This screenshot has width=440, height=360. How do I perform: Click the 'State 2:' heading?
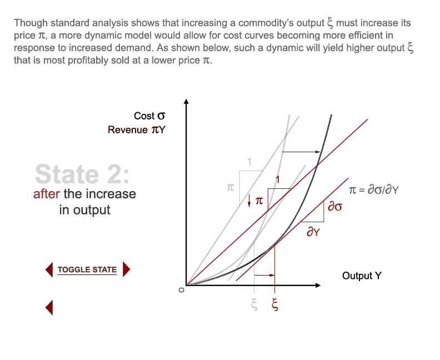point(82,173)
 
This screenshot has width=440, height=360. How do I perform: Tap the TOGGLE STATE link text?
point(87,269)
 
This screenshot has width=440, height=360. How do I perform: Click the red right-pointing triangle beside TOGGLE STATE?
point(126,269)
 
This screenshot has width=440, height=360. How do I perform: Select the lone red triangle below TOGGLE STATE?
point(49,307)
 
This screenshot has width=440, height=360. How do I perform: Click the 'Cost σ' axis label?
point(149,116)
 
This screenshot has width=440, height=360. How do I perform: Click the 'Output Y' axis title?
point(362,276)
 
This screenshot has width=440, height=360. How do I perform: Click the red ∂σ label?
point(334,207)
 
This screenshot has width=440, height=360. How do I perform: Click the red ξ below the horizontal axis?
point(274,304)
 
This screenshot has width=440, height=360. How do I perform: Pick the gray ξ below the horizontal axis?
point(254,304)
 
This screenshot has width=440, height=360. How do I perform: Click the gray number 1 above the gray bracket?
point(249,163)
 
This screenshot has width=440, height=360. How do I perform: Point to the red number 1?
point(278,179)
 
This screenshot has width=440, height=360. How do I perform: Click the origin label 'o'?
point(179,289)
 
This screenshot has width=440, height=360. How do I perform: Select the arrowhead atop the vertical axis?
point(187,102)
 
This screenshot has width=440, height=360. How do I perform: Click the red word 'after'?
point(46,194)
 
